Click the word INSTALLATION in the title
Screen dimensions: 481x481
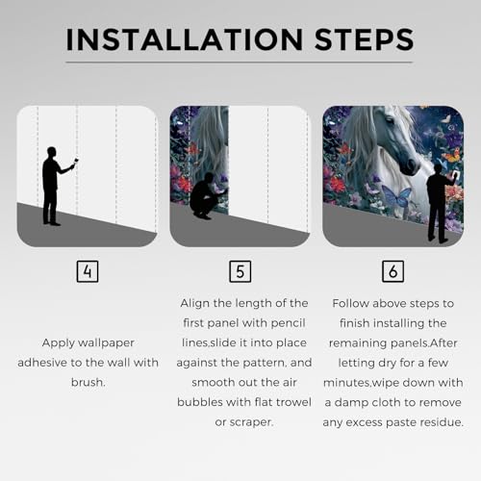(185, 39)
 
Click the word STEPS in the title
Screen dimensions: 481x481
(365, 39)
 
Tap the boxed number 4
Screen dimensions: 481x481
(88, 271)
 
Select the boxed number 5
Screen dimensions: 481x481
(240, 271)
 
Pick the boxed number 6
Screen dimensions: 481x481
(393, 271)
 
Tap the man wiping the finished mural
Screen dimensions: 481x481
(441, 205)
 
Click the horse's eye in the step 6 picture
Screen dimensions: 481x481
(390, 120)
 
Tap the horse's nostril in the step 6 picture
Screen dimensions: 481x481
(411, 165)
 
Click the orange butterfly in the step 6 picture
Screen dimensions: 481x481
(450, 157)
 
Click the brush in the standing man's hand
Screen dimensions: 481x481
(76, 162)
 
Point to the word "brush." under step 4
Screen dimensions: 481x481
(89, 382)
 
